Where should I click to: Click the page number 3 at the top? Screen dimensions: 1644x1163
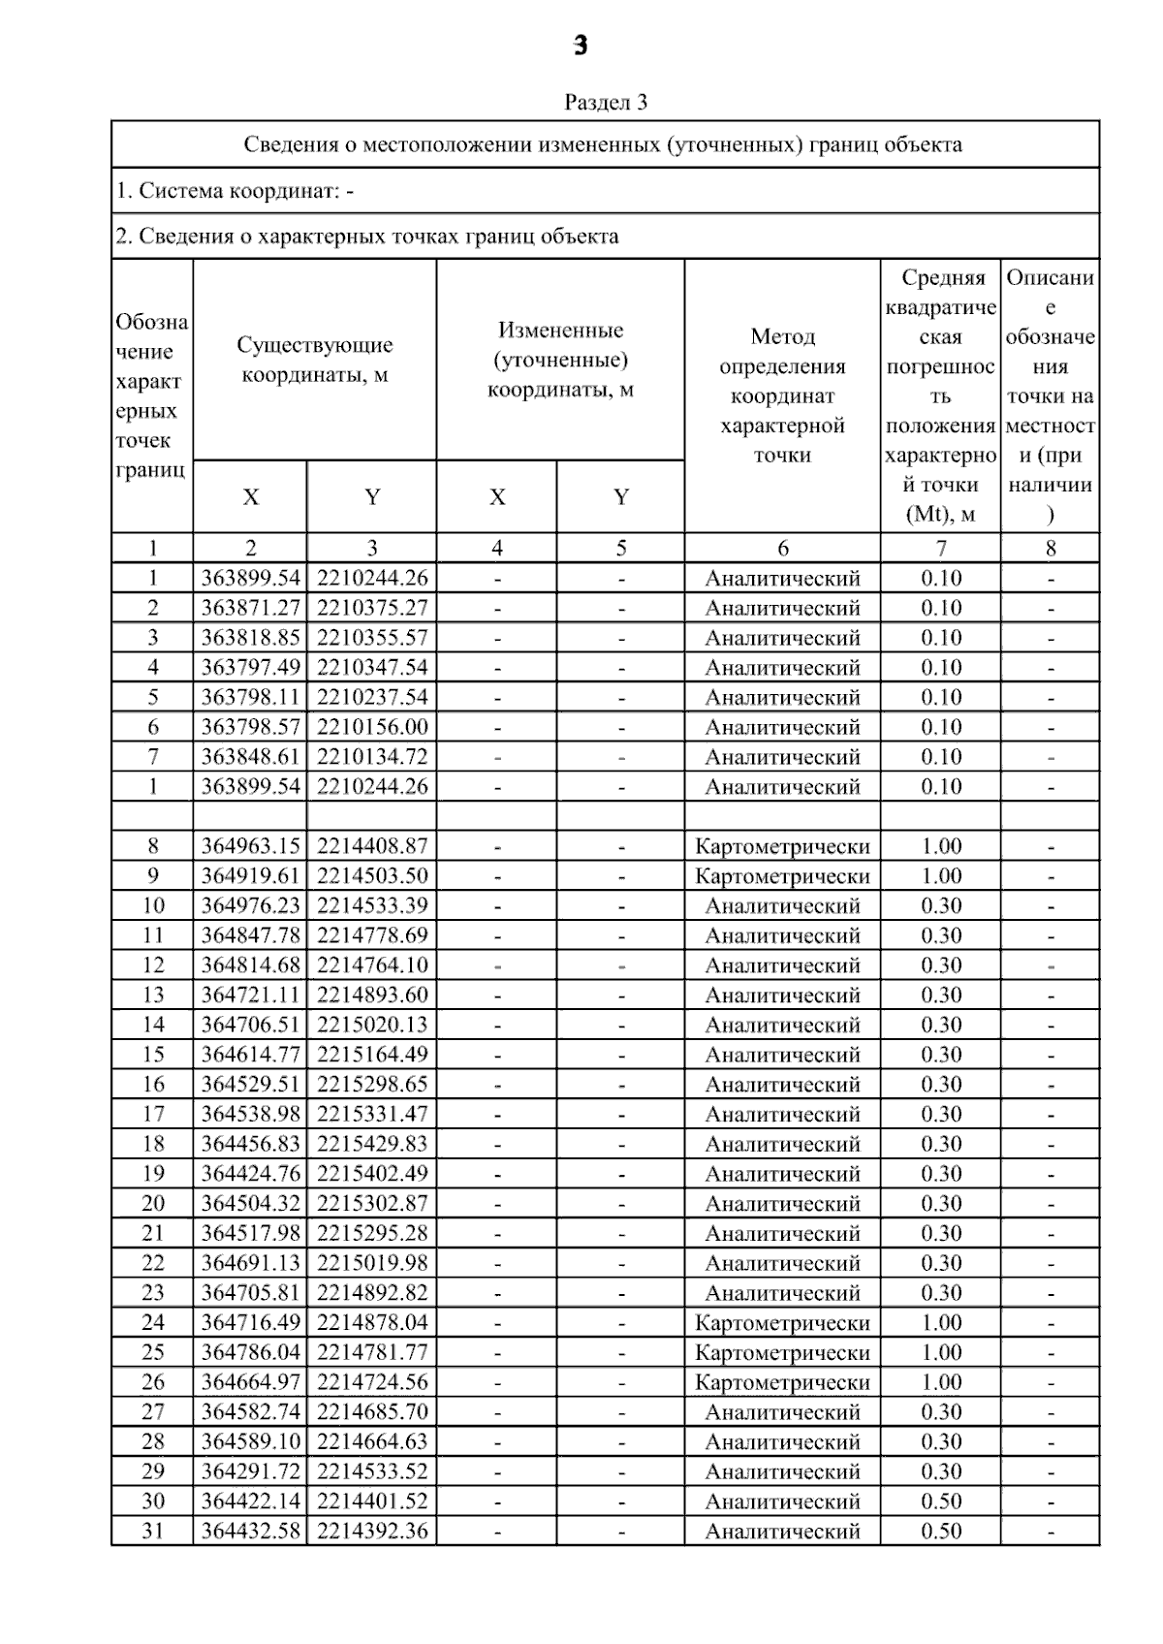[580, 46]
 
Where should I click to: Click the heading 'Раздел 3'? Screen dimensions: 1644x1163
[606, 102]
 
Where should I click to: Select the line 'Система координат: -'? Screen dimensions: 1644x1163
[235, 191]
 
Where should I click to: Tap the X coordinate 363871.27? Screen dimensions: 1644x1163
[251, 608]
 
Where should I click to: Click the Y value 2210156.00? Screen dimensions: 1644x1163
[372, 727]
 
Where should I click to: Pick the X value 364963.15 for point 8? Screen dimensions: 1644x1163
[251, 846]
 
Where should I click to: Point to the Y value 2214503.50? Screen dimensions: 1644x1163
[372, 876]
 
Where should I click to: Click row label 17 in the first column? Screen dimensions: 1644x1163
[153, 1115]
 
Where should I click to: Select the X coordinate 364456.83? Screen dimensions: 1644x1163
[251, 1144]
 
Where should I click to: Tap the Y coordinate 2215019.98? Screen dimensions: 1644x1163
[372, 1263]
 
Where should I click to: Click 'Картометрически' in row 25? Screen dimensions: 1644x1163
[782, 1352]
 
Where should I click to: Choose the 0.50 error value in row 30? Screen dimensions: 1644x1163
[941, 1502]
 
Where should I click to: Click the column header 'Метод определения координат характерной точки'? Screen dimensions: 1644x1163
[782, 395]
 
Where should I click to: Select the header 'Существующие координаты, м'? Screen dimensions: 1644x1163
[315, 360]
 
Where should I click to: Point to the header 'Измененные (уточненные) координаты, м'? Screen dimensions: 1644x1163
[560, 360]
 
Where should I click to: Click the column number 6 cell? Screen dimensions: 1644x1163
[782, 548]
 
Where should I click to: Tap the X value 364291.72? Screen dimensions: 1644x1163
[251, 1471]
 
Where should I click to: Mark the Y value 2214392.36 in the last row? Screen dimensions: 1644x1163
[372, 1532]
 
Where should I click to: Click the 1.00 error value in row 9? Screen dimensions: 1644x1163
[941, 876]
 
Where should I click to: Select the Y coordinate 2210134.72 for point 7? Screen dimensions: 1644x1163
[372, 757]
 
